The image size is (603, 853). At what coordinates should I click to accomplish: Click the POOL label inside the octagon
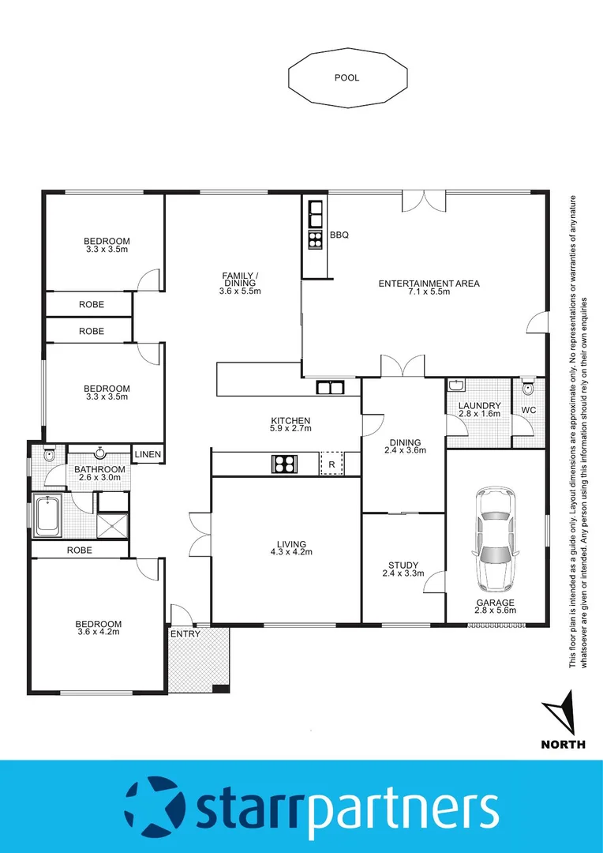(346, 78)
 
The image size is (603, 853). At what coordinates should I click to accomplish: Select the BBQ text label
(339, 235)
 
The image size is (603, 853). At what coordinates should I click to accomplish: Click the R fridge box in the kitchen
(332, 464)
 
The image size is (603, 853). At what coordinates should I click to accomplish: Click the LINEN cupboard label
(148, 454)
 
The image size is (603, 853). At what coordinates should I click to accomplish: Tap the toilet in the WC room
(528, 389)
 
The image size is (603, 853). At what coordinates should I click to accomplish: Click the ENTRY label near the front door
(185, 633)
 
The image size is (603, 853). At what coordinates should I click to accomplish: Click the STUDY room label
(403, 566)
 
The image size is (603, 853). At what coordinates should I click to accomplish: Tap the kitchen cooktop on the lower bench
(284, 464)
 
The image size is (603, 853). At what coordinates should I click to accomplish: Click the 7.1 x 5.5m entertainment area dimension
(429, 292)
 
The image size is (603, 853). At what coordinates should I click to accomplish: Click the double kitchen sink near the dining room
(329, 387)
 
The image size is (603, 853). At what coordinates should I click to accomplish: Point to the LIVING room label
(291, 543)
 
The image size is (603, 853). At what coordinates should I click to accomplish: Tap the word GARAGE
(495, 602)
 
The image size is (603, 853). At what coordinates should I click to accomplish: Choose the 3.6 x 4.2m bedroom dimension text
(99, 632)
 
